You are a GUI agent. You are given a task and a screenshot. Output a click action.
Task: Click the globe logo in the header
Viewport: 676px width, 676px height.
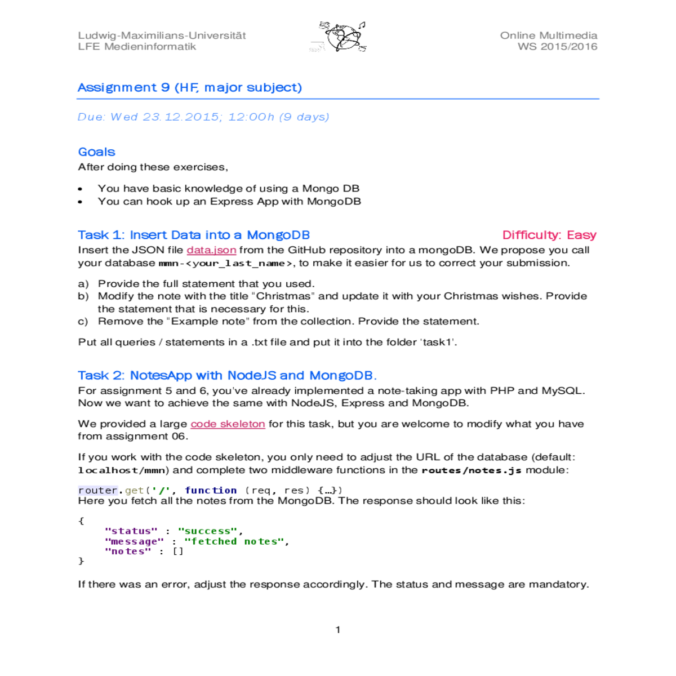click(339, 38)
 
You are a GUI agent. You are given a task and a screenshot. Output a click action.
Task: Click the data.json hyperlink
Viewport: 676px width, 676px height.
click(211, 250)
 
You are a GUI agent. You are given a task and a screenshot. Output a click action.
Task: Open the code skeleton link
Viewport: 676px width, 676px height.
click(228, 424)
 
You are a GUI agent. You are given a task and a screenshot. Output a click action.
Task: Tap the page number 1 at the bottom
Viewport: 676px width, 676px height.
click(338, 630)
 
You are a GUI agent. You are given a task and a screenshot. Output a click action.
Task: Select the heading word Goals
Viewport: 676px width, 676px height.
click(97, 152)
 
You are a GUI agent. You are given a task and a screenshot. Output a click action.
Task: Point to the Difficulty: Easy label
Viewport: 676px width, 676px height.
click(549, 235)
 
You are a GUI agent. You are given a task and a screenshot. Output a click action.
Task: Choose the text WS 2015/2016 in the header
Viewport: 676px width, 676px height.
click(558, 47)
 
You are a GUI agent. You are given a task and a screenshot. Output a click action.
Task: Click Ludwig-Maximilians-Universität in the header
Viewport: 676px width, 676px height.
click(162, 35)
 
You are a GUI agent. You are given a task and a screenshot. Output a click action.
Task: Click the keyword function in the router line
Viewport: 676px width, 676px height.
click(211, 491)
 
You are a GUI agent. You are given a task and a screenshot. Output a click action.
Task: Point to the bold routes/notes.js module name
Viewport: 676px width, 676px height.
click(472, 470)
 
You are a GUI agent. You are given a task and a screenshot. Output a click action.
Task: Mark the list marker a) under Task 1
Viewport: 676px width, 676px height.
click(83, 284)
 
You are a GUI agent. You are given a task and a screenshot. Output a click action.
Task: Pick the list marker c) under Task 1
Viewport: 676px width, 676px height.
click(83, 322)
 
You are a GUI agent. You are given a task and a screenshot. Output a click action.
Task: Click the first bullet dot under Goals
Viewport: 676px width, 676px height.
click(81, 189)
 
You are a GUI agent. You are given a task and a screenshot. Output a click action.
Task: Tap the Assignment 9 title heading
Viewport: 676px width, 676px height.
click(190, 88)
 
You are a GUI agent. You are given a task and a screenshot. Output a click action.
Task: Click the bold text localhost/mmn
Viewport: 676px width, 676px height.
click(122, 470)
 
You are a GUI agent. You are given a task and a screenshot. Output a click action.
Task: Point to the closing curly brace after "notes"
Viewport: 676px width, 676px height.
click(81, 561)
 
